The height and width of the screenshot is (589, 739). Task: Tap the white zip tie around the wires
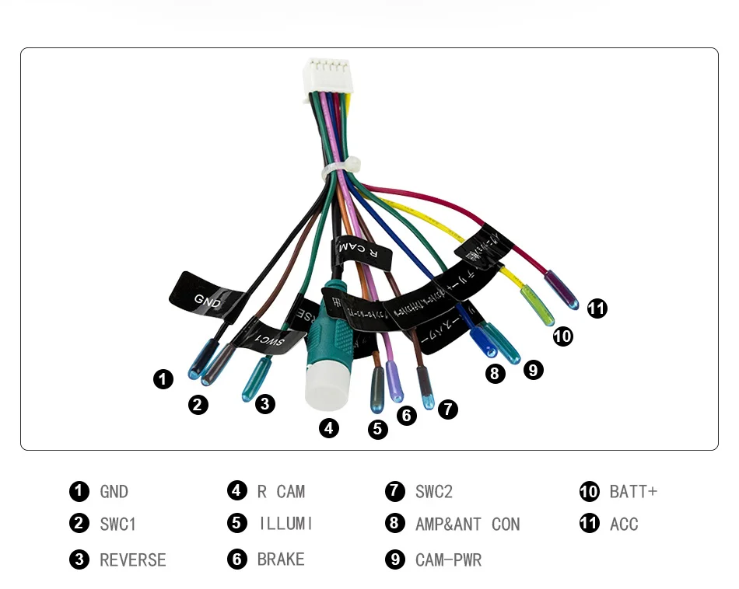pos(340,167)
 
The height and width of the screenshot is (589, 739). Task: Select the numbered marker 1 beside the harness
pos(163,379)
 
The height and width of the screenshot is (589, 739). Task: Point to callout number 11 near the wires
pos(597,308)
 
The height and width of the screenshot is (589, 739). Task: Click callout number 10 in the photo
pos(562,336)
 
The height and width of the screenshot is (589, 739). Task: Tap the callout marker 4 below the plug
pos(330,428)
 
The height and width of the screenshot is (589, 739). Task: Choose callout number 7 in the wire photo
pos(447,409)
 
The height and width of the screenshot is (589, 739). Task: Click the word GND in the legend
pos(114,492)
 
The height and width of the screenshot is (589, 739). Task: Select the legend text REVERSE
pos(133,560)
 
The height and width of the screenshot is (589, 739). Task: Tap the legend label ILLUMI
pos(285,525)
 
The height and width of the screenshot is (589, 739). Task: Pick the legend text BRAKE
pos(281,559)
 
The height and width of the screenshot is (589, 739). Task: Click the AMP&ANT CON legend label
pos(467,525)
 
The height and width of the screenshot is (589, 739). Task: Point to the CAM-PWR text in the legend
pos(448,560)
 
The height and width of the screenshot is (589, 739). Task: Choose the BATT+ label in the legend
pos(633,492)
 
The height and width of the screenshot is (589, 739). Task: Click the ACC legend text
pos(624,525)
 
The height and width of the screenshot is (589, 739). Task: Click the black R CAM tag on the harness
pos(362,250)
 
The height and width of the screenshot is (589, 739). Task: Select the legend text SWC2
pos(433,492)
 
